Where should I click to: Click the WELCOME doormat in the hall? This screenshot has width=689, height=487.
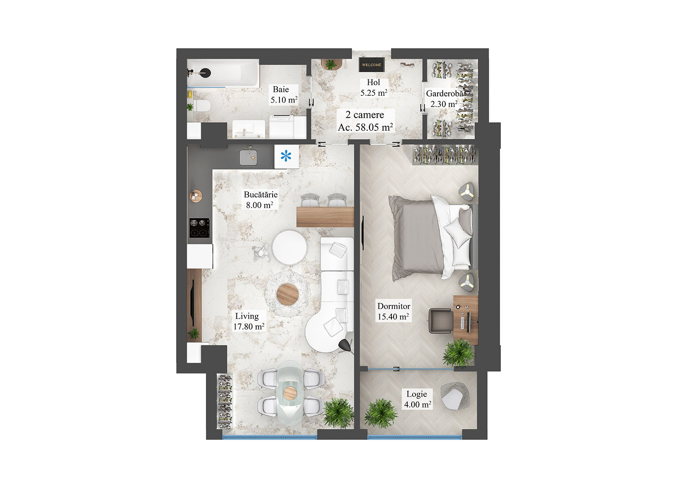coord(371,65)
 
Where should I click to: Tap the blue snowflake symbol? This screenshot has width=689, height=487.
coord(286,156)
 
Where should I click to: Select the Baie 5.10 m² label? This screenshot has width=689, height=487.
coord(283,95)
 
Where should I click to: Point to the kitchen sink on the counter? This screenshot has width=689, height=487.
coord(248,158)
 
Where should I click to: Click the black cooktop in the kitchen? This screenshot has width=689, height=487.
coord(200,228)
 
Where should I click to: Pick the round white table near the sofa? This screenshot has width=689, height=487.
coord(289,248)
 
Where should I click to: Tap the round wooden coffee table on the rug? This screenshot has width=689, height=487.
coord(287,294)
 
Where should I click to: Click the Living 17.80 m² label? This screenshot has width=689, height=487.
coord(248,321)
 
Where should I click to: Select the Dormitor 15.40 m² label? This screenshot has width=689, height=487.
coord(393,311)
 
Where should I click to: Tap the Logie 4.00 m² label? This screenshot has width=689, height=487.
coord(417,399)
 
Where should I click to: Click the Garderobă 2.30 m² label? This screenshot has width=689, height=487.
coord(444,99)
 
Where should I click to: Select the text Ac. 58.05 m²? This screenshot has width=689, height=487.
coord(365,127)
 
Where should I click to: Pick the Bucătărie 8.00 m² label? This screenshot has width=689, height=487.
coord(260,200)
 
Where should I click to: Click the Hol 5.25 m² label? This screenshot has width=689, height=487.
coord(373,87)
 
